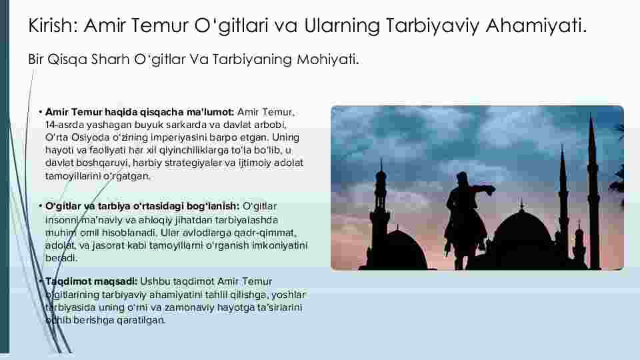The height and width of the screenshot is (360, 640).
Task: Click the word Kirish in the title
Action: click(x=53, y=26)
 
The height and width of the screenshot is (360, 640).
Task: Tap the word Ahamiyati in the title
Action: click(x=536, y=26)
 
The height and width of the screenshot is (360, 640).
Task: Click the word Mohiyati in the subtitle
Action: click(x=328, y=59)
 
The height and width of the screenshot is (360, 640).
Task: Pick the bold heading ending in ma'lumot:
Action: click(x=139, y=112)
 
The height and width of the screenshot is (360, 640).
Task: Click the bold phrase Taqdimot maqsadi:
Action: click(x=91, y=281)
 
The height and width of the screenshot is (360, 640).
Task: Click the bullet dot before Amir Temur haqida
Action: click(x=41, y=112)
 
